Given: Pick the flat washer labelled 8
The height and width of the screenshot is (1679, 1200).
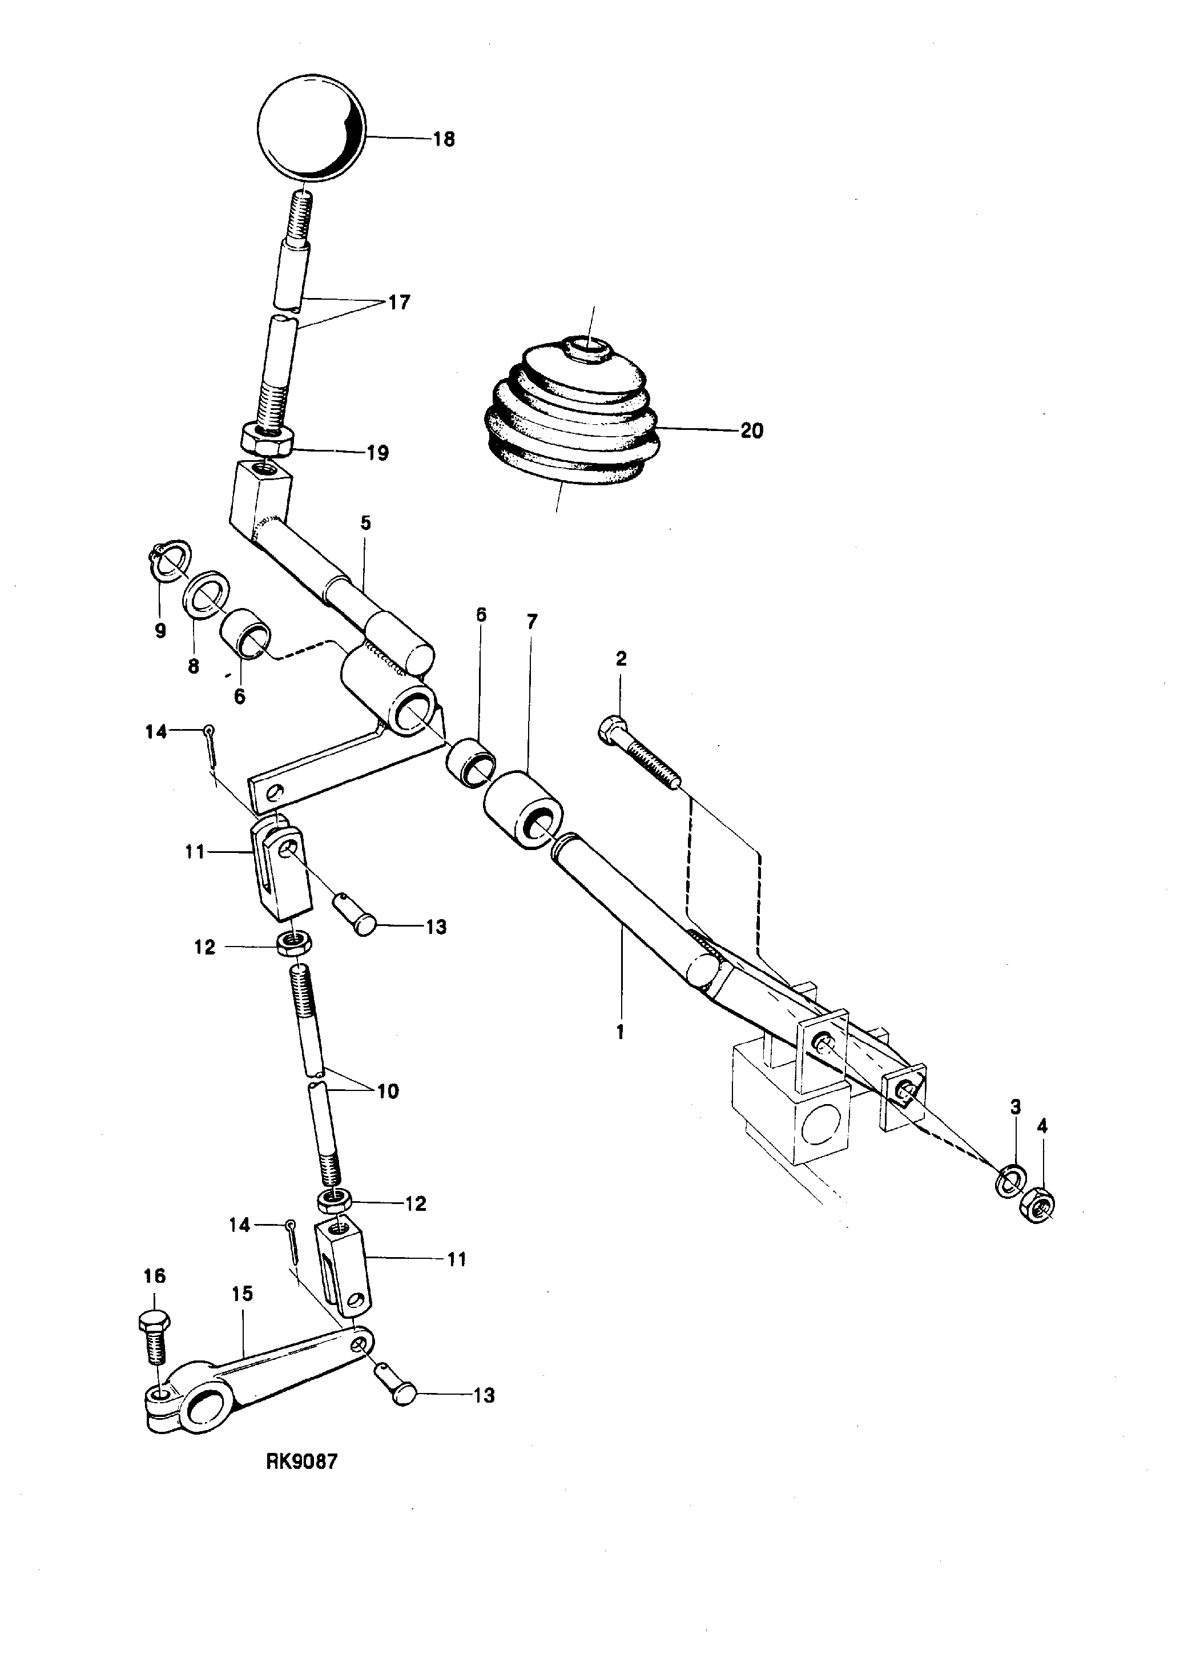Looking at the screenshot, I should (x=206, y=592).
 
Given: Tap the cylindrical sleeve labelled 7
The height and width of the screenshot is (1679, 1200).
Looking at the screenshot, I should (x=522, y=809).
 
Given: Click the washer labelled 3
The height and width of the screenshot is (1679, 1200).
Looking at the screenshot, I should (x=1009, y=1179).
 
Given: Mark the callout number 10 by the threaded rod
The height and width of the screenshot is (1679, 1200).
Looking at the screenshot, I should (x=387, y=1092).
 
